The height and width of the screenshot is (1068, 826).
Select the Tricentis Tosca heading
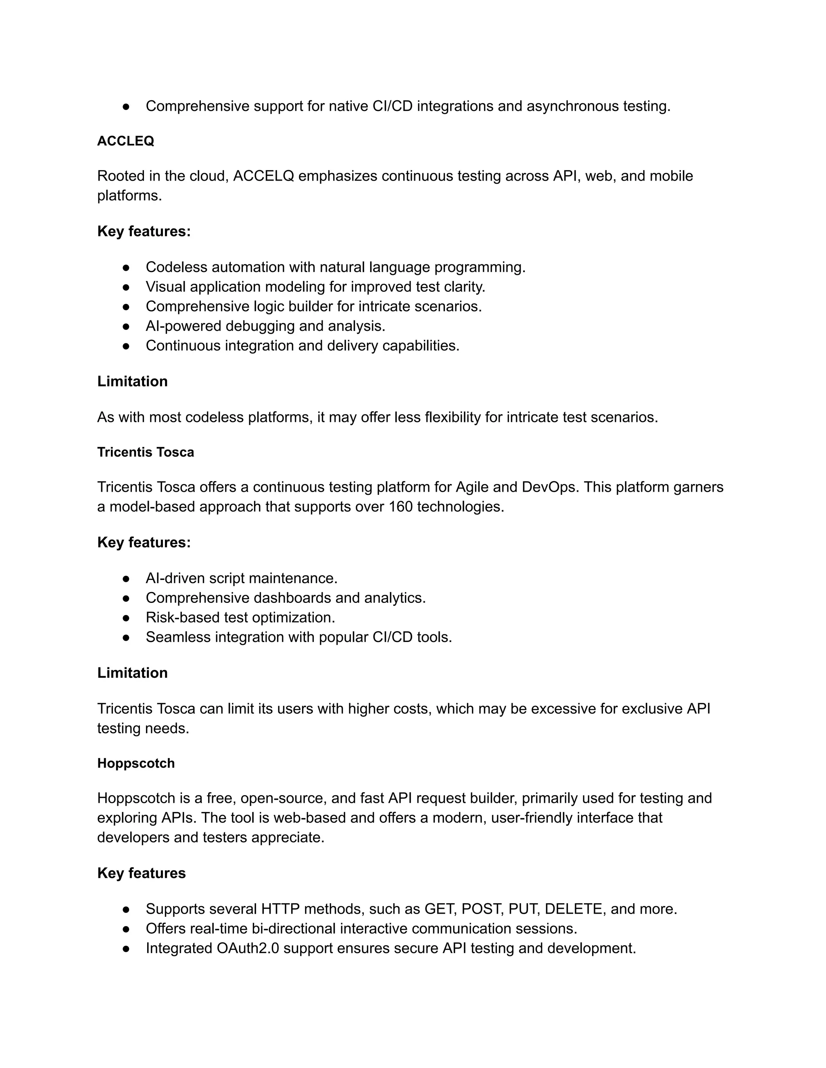[x=145, y=452]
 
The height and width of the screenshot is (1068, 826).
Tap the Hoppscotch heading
[x=136, y=763]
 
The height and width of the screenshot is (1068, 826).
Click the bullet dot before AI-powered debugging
[x=126, y=326]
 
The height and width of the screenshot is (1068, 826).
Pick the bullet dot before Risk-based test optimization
[x=126, y=617]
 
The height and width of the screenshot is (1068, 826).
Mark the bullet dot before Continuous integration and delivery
[x=126, y=346]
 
